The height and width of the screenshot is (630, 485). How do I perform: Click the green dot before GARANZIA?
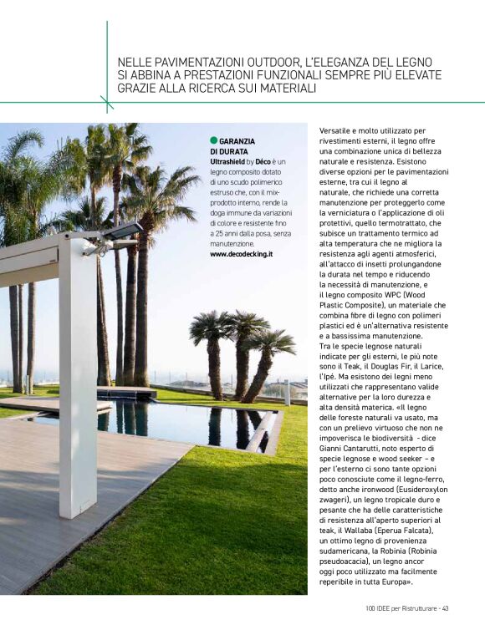click(x=214, y=141)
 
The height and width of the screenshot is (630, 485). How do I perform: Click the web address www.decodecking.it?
click(x=242, y=253)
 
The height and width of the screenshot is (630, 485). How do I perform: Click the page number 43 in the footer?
click(x=446, y=607)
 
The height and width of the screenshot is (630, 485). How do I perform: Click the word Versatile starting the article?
click(x=339, y=131)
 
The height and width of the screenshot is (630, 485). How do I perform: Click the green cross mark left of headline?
click(x=107, y=103)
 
